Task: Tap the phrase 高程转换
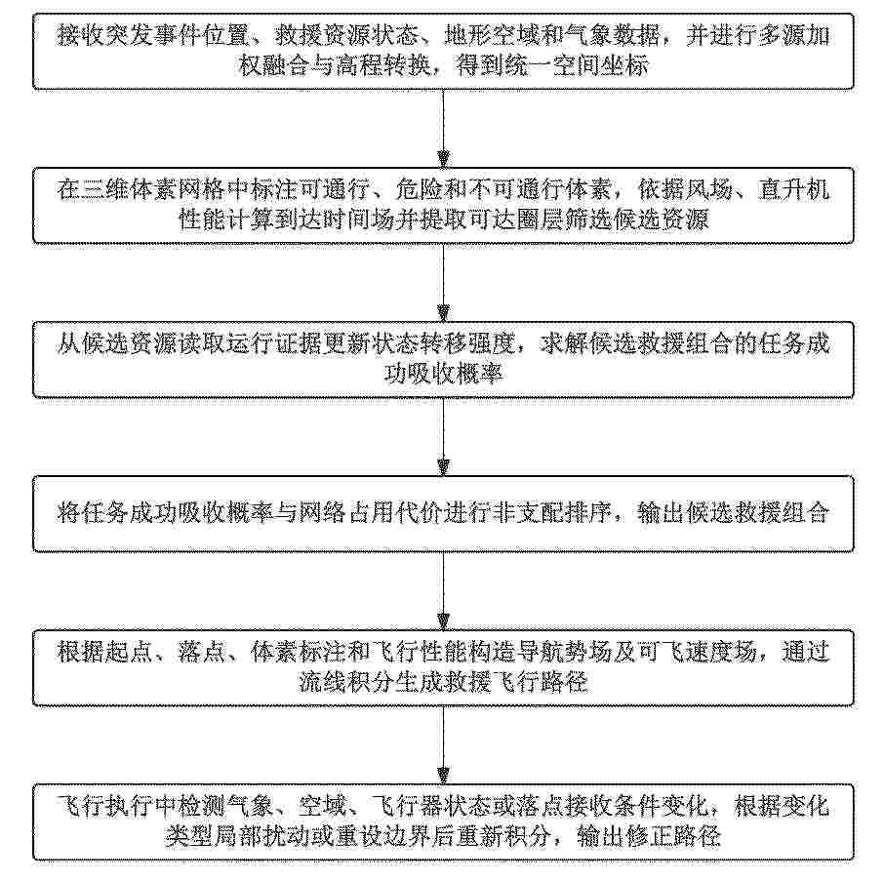coord(385,66)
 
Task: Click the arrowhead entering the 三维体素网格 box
coord(444,159)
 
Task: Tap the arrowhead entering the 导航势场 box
coord(444,621)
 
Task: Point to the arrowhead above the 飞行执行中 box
coord(444,776)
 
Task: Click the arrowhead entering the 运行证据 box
coord(444,313)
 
